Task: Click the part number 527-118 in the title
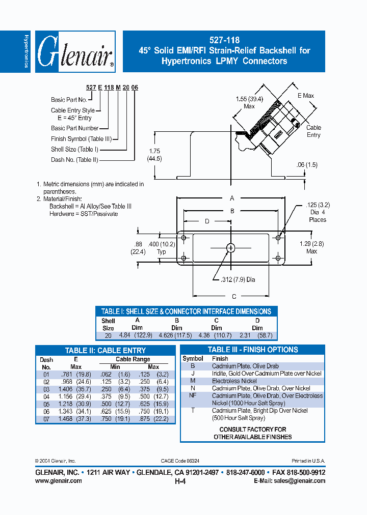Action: pyautogui.click(x=224, y=40)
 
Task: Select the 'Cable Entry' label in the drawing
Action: pyautogui.click(x=313, y=131)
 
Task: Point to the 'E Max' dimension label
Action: pyautogui.click(x=306, y=96)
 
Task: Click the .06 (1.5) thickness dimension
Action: pyautogui.click(x=307, y=165)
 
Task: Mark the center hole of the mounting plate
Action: pyautogui.click(x=231, y=248)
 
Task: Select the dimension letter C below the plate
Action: pyautogui.click(x=234, y=297)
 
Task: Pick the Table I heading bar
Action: pyautogui.click(x=186, y=311)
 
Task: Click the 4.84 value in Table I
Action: pyautogui.click(x=125, y=335)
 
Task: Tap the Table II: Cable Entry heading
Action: pyautogui.click(x=106, y=351)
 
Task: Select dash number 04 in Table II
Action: pyautogui.click(x=46, y=396)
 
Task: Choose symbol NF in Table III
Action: pyautogui.click(x=193, y=395)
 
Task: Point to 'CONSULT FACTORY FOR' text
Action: pyautogui.click(x=253, y=430)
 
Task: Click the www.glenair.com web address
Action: pyautogui.click(x=59, y=480)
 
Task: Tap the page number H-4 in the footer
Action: pyautogui.click(x=180, y=481)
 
